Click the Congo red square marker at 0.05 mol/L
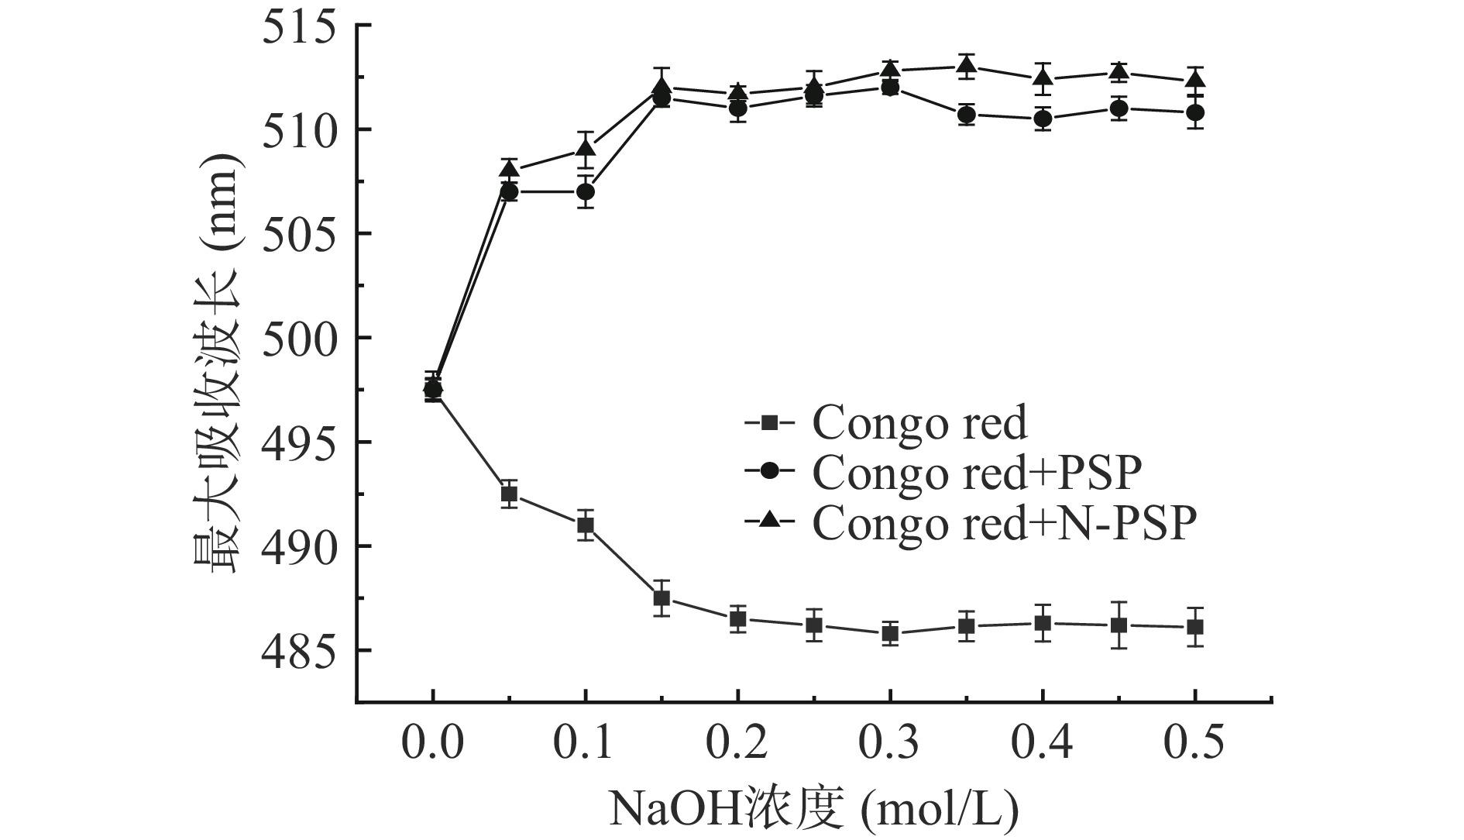509,494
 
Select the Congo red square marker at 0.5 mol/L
1195,627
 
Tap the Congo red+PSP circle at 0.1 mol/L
586,191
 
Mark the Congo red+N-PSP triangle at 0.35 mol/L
966,67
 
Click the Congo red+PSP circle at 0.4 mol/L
1043,119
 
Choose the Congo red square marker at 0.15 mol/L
662,598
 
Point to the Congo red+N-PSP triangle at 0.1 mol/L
586,149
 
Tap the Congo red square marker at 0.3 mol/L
890,634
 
